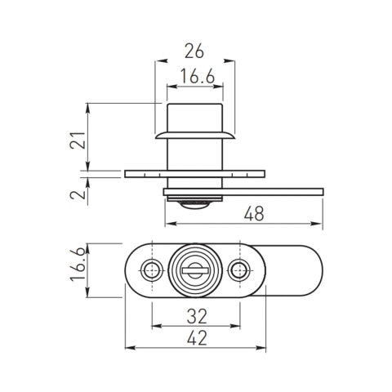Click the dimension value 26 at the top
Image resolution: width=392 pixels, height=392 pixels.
point(194,51)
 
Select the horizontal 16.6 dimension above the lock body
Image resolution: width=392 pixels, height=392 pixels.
point(194,77)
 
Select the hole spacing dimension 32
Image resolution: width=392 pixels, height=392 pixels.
point(195,315)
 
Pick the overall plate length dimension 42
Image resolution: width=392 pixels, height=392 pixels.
point(195,337)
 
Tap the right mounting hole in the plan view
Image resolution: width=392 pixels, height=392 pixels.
point(240,270)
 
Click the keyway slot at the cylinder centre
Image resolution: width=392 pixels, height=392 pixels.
point(194,269)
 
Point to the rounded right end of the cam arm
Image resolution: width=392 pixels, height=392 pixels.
point(314,270)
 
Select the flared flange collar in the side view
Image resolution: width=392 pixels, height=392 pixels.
point(194,132)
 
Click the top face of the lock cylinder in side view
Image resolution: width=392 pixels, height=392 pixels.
point(194,104)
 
